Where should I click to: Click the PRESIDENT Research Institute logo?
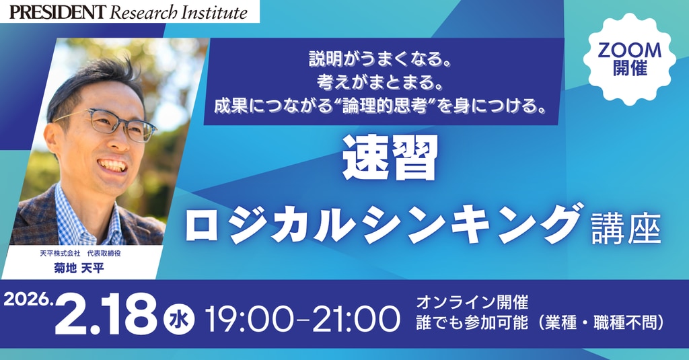pos(129,12)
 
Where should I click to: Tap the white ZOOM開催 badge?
pos(630,59)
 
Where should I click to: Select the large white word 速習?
pos(390,157)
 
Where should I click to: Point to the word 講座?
pos(626,229)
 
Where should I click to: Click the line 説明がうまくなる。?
pos(381,59)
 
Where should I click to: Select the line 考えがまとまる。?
pos(381,82)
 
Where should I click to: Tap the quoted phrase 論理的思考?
pos(385,106)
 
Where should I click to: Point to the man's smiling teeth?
pos(113,166)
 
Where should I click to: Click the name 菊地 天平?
pos(79,267)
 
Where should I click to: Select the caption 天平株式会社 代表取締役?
pos(80,254)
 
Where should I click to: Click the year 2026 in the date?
pos(27,300)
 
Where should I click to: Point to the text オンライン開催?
pos(472,302)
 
